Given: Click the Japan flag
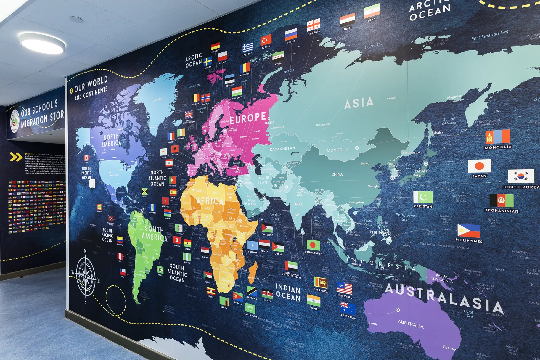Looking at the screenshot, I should tap(479, 166).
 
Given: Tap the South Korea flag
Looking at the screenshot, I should tap(521, 176).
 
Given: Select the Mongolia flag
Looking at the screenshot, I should tap(498, 137).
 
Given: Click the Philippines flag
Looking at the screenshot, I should tap(468, 231).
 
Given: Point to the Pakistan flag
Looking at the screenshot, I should tap(423, 197).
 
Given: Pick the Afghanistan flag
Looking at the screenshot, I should tap(501, 201).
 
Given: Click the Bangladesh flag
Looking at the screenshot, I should tap(313, 245).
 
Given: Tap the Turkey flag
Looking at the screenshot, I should tap(266, 40).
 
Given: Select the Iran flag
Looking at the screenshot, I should tap(372, 11).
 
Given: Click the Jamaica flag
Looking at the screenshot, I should tap(144, 192).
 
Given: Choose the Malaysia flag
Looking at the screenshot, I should tap(345, 288).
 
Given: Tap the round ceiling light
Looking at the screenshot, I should tap(42, 43).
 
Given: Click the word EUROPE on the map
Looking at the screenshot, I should tap(248, 118).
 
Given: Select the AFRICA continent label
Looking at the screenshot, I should tap(210, 201).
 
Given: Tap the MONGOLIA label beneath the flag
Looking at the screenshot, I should tap(498, 147).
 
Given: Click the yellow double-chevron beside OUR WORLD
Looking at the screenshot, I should tap(71, 90).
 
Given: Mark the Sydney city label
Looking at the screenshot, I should tap(449, 348).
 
